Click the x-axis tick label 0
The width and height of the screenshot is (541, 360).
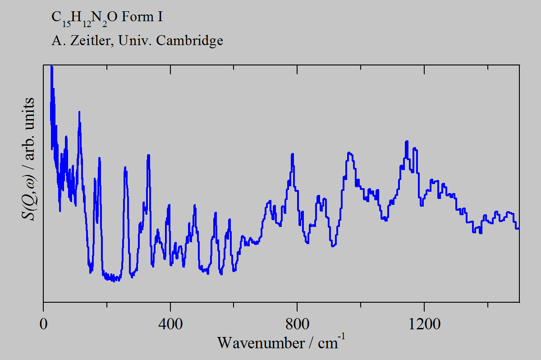[44, 325]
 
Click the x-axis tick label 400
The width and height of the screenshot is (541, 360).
[170, 325]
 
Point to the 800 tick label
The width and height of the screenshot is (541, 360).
[298, 325]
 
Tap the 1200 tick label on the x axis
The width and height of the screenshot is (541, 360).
[424, 325]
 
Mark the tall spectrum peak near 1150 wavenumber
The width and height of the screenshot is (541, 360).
[407, 142]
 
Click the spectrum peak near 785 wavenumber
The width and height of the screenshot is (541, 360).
[293, 155]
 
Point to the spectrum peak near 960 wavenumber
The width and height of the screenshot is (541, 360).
[348, 153]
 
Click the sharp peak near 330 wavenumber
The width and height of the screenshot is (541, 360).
[148, 156]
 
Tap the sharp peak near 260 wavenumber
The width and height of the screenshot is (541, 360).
[125, 168]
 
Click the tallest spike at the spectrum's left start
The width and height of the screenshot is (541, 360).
[51, 66]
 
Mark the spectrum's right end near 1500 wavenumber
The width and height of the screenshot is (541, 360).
[518, 228]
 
